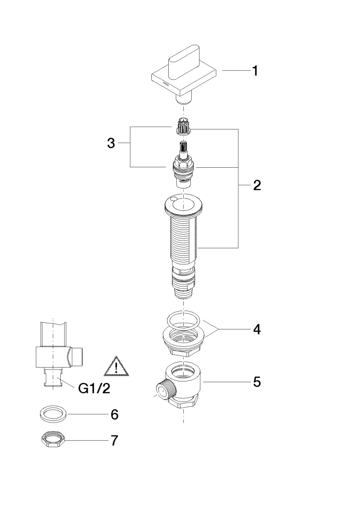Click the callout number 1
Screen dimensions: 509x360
pyautogui.click(x=255, y=71)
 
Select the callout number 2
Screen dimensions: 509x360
pyautogui.click(x=257, y=185)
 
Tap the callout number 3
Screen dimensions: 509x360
pyautogui.click(x=111, y=143)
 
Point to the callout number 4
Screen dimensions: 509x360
pyautogui.click(x=257, y=329)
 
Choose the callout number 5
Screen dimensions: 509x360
pyautogui.click(x=257, y=381)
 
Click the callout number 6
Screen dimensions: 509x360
pyautogui.click(x=114, y=415)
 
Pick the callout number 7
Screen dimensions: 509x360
pyautogui.click(x=114, y=441)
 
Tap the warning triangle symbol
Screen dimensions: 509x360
pyautogui.click(x=115, y=367)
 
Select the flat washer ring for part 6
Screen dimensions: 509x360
pyautogui.click(x=52, y=414)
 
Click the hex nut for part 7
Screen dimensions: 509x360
pyautogui.click(x=51, y=440)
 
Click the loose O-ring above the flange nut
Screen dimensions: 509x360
pyautogui.click(x=184, y=319)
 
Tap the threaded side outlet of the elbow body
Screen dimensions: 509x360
pyautogui.click(x=165, y=390)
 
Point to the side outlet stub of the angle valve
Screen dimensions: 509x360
pyautogui.click(x=76, y=354)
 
